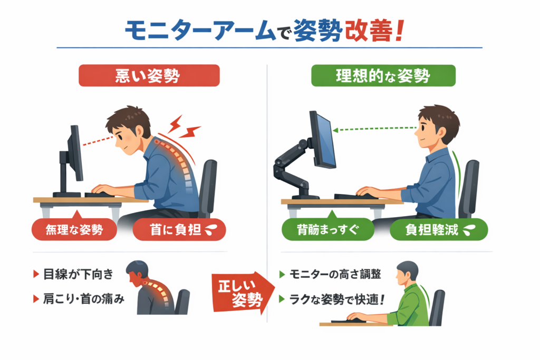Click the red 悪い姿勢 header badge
click(149, 75)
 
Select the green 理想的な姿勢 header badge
click(383, 75)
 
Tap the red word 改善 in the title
click(369, 31)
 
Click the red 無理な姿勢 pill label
click(74, 229)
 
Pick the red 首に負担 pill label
click(179, 229)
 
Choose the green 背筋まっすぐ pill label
click(328, 229)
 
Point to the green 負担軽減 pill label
click(439, 229)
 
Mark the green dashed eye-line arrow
click(375, 129)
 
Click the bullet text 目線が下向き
click(78, 274)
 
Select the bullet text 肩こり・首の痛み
click(83, 299)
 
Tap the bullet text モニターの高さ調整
click(335, 274)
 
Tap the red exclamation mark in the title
click(400, 31)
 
